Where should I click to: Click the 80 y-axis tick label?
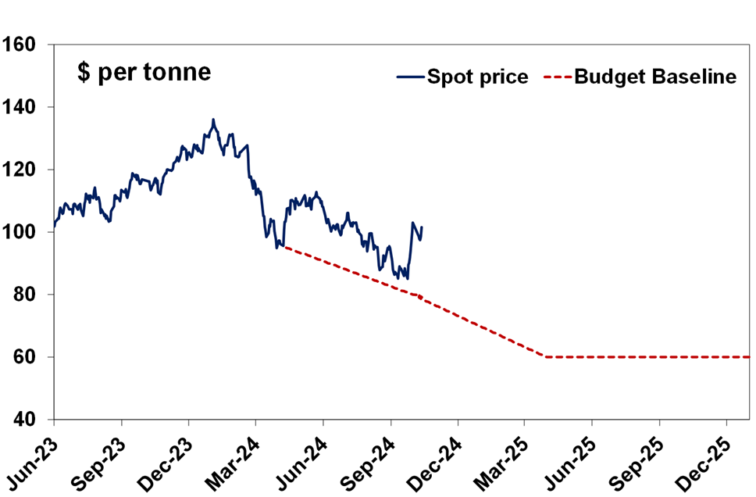(x=25, y=295)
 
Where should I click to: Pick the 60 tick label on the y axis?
(x=25, y=357)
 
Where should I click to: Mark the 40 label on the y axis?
(x=25, y=420)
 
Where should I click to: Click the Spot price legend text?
(x=477, y=77)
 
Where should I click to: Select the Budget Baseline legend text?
(x=655, y=77)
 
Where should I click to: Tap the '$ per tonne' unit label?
(x=144, y=73)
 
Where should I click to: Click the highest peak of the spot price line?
(x=213, y=120)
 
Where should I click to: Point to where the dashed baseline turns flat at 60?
(x=546, y=357)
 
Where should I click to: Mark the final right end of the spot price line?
(x=422, y=227)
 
